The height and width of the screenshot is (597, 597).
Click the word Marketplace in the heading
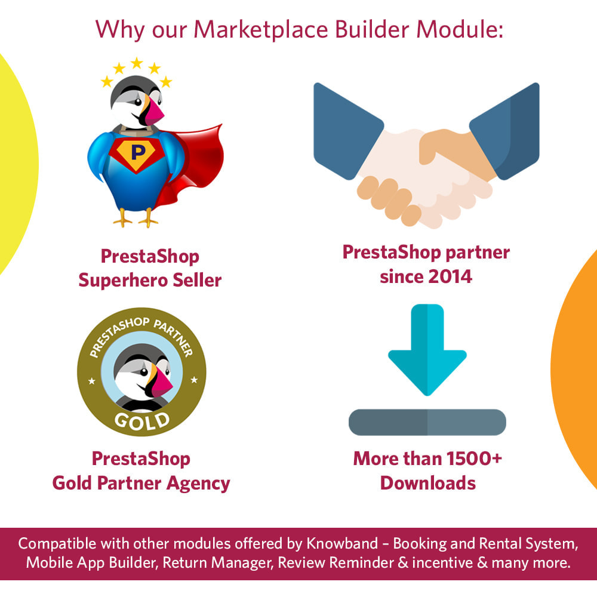tap(261, 30)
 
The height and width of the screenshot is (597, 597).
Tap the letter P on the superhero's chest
tap(138, 152)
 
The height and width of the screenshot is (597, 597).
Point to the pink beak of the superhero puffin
tap(153, 112)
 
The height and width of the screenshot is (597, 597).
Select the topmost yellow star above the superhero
tap(137, 63)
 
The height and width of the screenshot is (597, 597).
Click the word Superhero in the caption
tap(123, 281)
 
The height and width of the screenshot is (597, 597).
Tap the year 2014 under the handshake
tap(450, 277)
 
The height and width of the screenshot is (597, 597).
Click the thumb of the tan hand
tap(432, 147)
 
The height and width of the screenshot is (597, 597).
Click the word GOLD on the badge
tap(142, 421)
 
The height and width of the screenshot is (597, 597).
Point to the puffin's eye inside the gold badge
tap(144, 372)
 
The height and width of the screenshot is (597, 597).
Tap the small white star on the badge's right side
tap(194, 380)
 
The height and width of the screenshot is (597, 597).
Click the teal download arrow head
tap(427, 371)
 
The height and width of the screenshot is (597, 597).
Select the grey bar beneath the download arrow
tap(427, 422)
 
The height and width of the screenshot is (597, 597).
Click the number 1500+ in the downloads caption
tap(474, 458)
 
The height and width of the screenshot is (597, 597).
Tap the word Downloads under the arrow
tap(428, 483)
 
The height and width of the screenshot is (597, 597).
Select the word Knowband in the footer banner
tap(342, 544)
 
